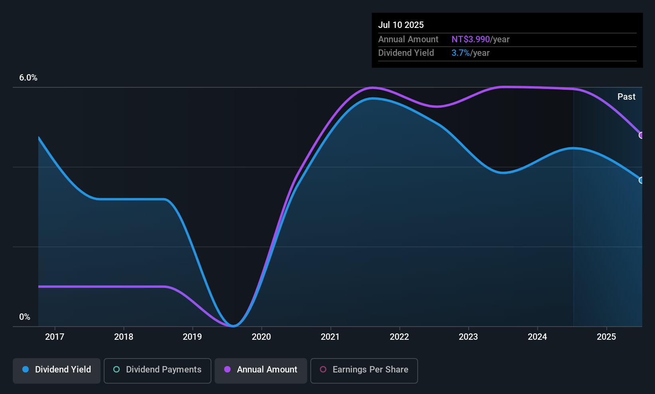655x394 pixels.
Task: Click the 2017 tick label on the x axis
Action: (55, 337)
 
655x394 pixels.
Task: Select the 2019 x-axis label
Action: (192, 337)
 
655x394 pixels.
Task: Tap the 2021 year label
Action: (330, 337)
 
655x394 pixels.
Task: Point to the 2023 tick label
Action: (468, 337)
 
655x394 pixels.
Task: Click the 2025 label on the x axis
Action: (606, 337)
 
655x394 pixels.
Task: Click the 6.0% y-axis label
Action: (28, 78)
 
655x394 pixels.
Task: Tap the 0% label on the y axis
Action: (25, 317)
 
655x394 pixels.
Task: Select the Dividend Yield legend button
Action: (57, 370)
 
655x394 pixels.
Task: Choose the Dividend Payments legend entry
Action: (157, 370)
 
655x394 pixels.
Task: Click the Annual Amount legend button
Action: (261, 370)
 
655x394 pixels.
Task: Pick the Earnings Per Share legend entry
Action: (364, 370)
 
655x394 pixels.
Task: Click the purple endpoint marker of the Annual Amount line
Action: (641, 135)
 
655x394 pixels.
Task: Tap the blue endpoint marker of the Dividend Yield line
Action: (641, 180)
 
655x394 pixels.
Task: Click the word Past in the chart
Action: (626, 97)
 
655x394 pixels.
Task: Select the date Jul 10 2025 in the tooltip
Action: (401, 25)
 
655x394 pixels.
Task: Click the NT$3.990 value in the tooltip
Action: (470, 39)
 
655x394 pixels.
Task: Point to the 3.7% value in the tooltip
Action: (460, 53)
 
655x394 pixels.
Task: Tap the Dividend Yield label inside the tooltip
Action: (406, 53)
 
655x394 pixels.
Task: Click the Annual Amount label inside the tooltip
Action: (408, 39)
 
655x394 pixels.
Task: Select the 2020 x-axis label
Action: (261, 337)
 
